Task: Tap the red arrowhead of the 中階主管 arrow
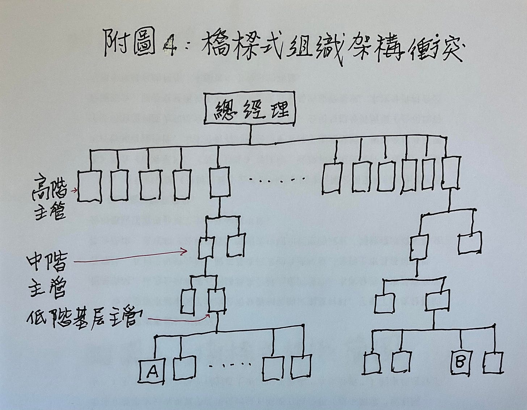[185, 251]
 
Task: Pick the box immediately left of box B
[401, 362]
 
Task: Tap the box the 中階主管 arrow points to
[207, 248]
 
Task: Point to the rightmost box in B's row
[493, 362]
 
